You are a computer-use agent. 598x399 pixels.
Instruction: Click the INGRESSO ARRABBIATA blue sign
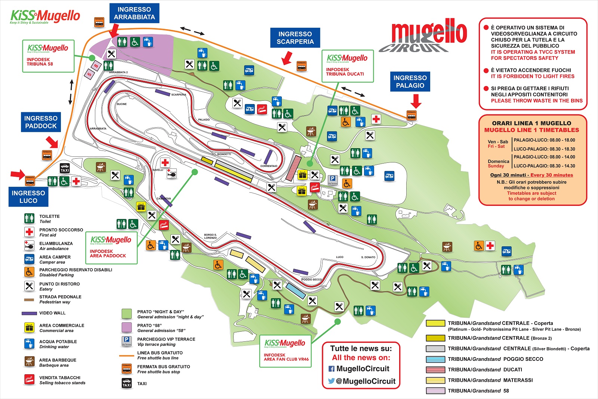134,13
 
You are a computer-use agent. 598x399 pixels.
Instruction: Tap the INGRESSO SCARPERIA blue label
295,38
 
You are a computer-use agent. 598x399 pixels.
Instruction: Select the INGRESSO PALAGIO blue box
410,82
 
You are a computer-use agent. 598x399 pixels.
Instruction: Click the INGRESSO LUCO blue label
28,197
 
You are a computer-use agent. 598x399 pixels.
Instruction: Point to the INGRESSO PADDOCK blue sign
41,122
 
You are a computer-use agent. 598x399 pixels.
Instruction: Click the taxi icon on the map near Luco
65,168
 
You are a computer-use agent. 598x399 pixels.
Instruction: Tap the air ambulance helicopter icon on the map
172,173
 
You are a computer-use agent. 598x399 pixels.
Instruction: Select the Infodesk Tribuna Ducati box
347,66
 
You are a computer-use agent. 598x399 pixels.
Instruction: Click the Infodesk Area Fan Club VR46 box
286,351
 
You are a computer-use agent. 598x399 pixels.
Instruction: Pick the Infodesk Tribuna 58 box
48,56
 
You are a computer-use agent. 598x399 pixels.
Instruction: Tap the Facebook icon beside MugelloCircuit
332,369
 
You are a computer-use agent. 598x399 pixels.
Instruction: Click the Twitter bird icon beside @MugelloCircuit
331,381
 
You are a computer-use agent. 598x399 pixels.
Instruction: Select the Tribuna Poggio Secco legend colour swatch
435,359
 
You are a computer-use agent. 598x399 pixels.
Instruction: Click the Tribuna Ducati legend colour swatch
435,369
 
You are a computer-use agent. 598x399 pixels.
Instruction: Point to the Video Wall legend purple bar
29,313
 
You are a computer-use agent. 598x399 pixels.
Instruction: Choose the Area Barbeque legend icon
29,361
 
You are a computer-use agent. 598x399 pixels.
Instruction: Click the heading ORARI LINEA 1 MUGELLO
531,123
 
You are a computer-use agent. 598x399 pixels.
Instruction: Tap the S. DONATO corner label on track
368,257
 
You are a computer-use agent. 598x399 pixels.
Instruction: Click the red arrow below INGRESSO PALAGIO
416,101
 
